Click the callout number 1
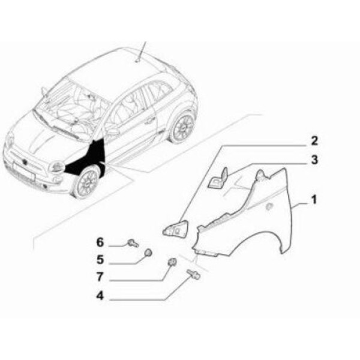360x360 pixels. pyautogui.click(x=314, y=200)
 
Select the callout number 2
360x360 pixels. pyautogui.click(x=314, y=140)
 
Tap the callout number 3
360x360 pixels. pyautogui.click(x=314, y=160)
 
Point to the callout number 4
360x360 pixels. pyautogui.click(x=100, y=296)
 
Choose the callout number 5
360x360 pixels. pyautogui.click(x=100, y=260)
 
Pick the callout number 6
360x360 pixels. pyautogui.click(x=100, y=242)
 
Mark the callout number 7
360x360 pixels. pyautogui.click(x=100, y=277)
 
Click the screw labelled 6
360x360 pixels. pyautogui.click(x=133, y=243)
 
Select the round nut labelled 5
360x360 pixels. pyautogui.click(x=148, y=253)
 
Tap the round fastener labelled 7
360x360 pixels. pyautogui.click(x=172, y=262)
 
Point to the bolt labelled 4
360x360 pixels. pyautogui.click(x=194, y=274)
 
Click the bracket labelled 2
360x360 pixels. pyautogui.click(x=175, y=229)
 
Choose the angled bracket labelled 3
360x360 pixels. pyautogui.click(x=218, y=179)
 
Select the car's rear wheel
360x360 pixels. pyautogui.click(x=182, y=128)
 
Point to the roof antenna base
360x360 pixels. pyautogui.click(x=138, y=61)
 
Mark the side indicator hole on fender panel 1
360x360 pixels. pyautogui.click(x=269, y=206)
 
